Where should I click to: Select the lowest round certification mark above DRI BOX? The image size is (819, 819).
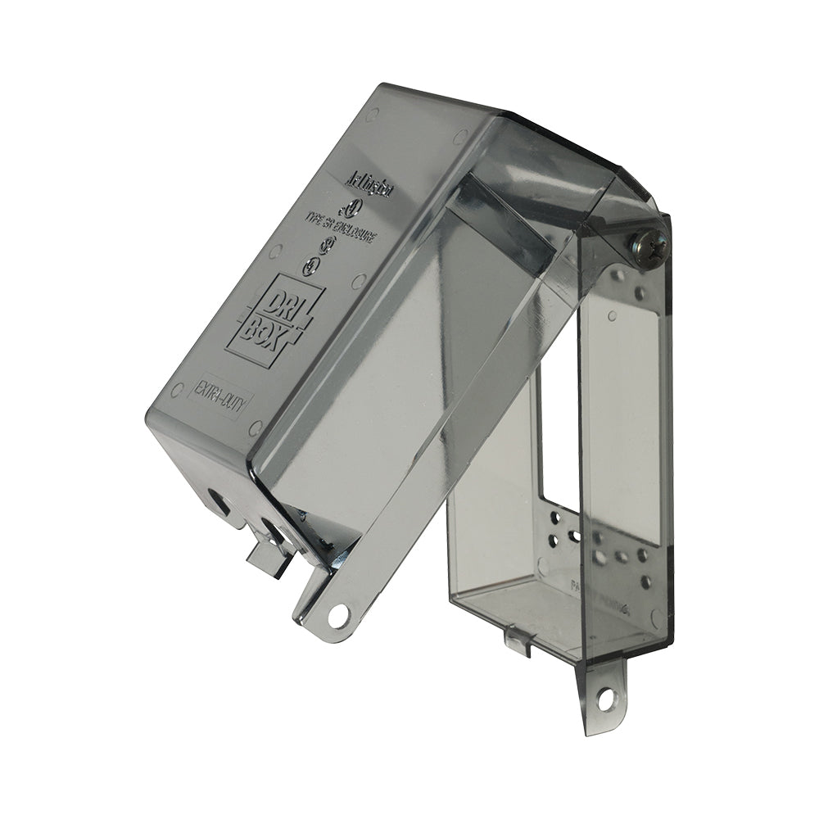(x=310, y=266)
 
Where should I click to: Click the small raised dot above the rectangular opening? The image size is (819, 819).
(x=612, y=314)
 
